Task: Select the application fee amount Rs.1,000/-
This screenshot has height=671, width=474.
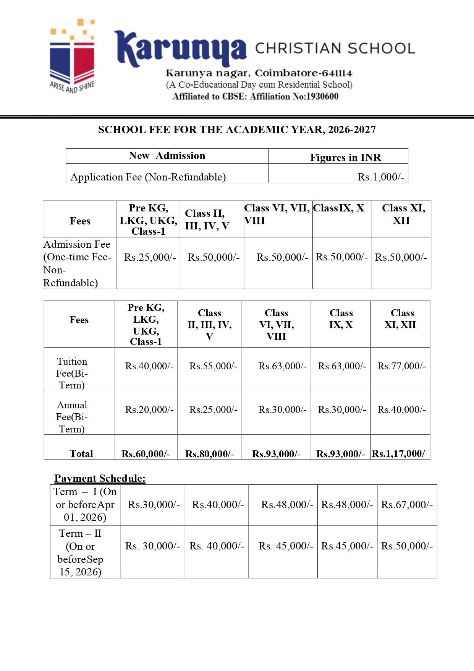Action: (x=380, y=177)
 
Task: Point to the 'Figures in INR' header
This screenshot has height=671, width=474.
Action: (x=345, y=158)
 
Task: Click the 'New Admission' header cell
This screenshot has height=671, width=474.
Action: (x=167, y=156)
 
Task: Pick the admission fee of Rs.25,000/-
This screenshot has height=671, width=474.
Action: (x=150, y=257)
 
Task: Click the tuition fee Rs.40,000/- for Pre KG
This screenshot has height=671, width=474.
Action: (x=149, y=366)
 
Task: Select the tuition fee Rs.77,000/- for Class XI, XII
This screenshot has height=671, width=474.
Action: (x=401, y=366)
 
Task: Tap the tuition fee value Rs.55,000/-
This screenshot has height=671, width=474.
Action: (x=213, y=366)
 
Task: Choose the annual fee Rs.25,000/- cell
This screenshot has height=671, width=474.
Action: (x=213, y=410)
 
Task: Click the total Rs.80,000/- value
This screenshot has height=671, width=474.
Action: (x=209, y=454)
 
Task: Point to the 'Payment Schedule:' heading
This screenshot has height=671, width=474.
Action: (x=100, y=478)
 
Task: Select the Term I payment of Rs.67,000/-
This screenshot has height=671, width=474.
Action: (x=407, y=505)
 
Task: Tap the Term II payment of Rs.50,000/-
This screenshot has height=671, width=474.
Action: (x=407, y=546)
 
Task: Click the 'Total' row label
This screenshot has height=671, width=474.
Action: (x=81, y=454)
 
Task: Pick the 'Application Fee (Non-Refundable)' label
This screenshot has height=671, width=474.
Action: (x=148, y=177)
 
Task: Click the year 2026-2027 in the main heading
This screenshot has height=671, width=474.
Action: (x=352, y=130)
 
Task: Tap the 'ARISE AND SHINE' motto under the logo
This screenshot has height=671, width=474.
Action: (x=72, y=87)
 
